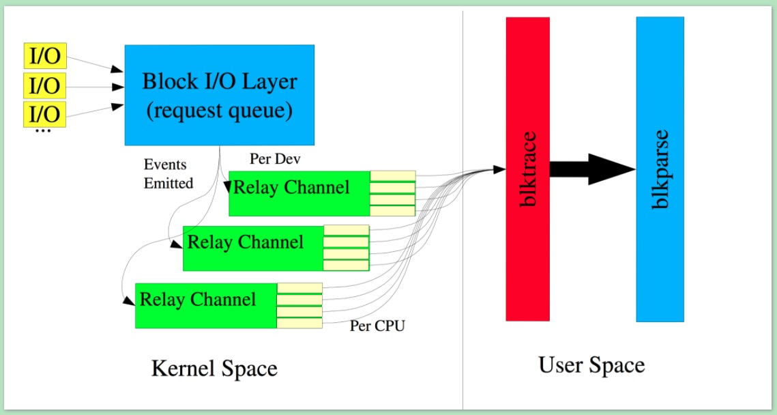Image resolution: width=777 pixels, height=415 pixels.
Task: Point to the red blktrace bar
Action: pyautogui.click(x=527, y=169)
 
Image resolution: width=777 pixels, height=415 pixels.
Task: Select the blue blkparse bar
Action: pyautogui.click(x=660, y=169)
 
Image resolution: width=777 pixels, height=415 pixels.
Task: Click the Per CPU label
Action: pyautogui.click(x=377, y=326)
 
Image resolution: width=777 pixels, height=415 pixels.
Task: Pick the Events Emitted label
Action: pyautogui.click(x=168, y=174)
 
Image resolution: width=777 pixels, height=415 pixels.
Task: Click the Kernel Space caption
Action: pyautogui.click(x=214, y=369)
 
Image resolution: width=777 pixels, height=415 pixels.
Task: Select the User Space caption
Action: pyautogui.click(x=591, y=365)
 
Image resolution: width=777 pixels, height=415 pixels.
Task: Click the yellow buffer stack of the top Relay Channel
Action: pyautogui.click(x=392, y=193)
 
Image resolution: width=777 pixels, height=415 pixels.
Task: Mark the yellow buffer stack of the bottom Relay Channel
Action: pyautogui.click(x=299, y=305)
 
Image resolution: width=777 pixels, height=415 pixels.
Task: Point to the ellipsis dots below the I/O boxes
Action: pyautogui.click(x=42, y=130)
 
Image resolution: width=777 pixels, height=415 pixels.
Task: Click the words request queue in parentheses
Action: pyautogui.click(x=218, y=109)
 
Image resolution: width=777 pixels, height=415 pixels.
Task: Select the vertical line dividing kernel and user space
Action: pyautogui.click(x=463, y=205)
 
